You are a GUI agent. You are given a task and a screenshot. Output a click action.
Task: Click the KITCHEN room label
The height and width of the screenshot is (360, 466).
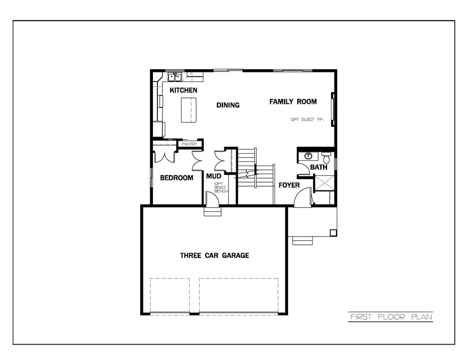click(183, 91)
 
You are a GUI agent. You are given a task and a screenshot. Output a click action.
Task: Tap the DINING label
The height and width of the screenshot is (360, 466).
click(228, 105)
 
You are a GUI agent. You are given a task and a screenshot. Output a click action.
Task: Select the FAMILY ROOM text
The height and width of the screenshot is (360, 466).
click(293, 101)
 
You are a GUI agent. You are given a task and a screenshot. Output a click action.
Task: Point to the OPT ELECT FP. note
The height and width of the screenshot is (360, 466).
click(307, 120)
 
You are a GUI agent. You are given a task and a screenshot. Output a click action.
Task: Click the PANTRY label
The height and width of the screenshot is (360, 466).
click(189, 144)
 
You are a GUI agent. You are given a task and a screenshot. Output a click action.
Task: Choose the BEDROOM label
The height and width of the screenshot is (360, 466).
click(177, 178)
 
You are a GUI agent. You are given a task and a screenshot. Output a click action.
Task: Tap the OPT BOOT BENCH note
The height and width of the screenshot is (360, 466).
click(221, 188)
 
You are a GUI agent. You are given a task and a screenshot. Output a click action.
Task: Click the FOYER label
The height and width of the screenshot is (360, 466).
click(289, 185)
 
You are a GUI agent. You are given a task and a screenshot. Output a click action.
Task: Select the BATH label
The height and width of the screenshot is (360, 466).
click(319, 167)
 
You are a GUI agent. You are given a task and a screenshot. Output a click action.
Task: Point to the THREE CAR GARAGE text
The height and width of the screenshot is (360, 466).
click(214, 255)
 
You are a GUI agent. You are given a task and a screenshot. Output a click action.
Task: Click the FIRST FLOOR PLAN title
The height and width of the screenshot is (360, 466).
click(390, 317)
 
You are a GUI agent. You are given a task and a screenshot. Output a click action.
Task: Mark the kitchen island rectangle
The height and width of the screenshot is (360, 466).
click(189, 110)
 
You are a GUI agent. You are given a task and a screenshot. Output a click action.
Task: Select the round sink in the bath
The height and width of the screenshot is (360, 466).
click(308, 156)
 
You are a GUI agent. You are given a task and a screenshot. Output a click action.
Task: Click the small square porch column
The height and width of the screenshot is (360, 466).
click(333, 233)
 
